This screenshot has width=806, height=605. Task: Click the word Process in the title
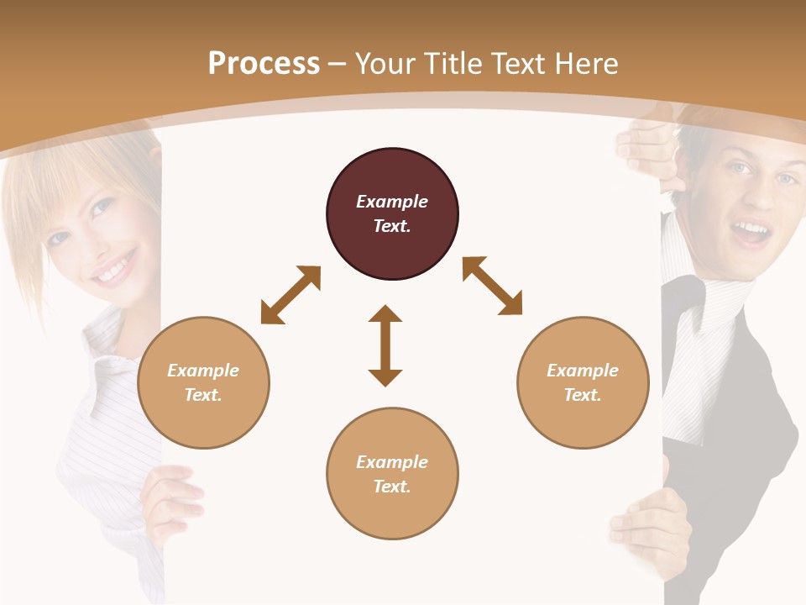click(264, 64)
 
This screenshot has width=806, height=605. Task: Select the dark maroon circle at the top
click(392, 214)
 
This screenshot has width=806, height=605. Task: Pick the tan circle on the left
click(203, 382)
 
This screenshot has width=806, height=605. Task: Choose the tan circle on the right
click(583, 382)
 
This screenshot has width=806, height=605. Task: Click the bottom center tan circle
click(392, 473)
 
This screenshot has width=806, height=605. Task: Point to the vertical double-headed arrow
click(385, 345)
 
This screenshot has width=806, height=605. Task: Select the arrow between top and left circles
click(290, 295)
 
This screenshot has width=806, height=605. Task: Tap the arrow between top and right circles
click(492, 286)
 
